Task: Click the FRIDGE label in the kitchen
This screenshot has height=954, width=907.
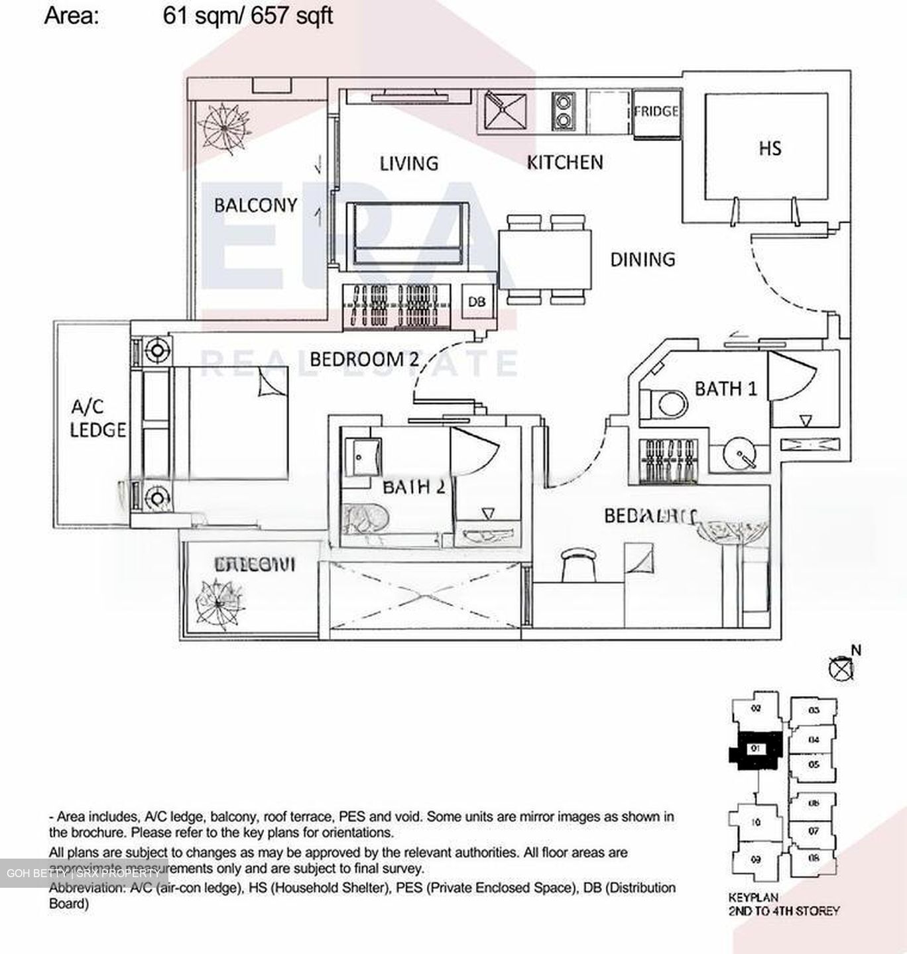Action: (x=656, y=111)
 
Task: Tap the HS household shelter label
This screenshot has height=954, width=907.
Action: (x=770, y=148)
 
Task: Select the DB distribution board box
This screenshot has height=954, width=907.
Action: (x=476, y=301)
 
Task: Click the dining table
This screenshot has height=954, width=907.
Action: (x=544, y=259)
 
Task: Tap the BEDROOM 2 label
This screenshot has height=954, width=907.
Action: (x=365, y=360)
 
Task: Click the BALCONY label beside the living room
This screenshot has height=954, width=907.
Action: (x=255, y=205)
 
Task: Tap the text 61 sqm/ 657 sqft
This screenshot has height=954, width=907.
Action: (x=247, y=15)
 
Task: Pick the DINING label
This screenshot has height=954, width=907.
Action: (x=642, y=259)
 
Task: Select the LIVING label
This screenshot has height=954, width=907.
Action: (x=408, y=163)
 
